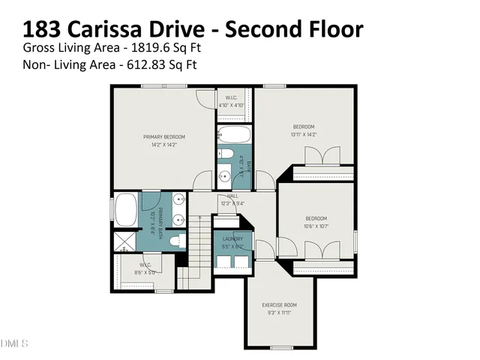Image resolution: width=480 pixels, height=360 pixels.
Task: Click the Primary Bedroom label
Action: (164, 136)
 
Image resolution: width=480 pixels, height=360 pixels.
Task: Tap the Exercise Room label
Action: (279, 304)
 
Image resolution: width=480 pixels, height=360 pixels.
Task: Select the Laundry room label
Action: (232, 239)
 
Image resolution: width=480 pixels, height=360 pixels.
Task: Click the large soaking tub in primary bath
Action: (121, 209)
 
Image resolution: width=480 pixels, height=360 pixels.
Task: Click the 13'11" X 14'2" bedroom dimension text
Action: (304, 134)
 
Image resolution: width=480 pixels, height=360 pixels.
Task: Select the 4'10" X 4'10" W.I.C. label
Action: (231, 105)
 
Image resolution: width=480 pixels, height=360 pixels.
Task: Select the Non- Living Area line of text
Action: (109, 64)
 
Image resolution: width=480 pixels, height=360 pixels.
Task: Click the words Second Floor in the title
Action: (295, 29)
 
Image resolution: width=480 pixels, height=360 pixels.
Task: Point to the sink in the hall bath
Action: (225, 177)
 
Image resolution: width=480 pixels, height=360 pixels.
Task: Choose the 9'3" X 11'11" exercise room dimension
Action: (279, 312)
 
